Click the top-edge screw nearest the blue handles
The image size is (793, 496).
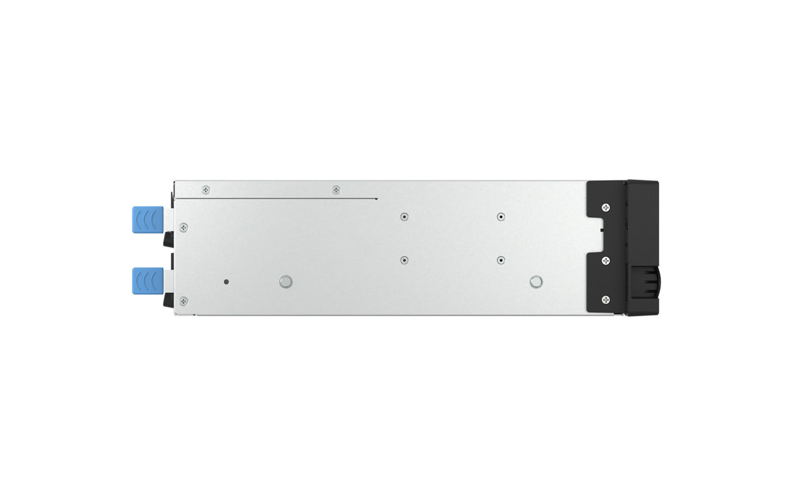pyautogui.click(x=206, y=190)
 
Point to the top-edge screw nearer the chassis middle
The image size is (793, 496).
pyautogui.click(x=336, y=190)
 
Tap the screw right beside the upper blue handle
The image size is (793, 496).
pyautogui.click(x=184, y=227)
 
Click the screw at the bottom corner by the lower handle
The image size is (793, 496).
pyautogui.click(x=184, y=301)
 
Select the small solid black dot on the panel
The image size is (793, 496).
pyautogui.click(x=226, y=282)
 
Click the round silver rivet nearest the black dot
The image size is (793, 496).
pyautogui.click(x=285, y=282)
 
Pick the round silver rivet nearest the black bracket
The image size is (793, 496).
pyautogui.click(x=536, y=282)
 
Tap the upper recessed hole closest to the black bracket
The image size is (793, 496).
pyautogui.click(x=500, y=216)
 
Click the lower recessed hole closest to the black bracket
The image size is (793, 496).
pyautogui.click(x=500, y=259)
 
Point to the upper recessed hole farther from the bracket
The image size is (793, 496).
pyautogui.click(x=404, y=216)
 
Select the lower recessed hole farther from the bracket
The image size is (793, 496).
pyautogui.click(x=404, y=259)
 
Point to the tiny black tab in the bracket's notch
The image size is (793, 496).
pyautogui.click(x=600, y=229)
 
